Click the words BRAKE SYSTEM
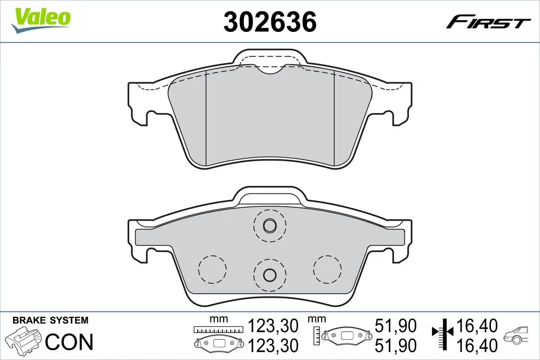coord(50,321)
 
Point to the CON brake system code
coord(69,342)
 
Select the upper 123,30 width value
coord(274,325)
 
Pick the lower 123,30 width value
coord(274,346)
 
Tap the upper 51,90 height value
coord(396,325)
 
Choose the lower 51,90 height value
coord(396,346)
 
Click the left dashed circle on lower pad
coord(211,270)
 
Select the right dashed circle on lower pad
coord(328,270)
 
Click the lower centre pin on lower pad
coord(270,274)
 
